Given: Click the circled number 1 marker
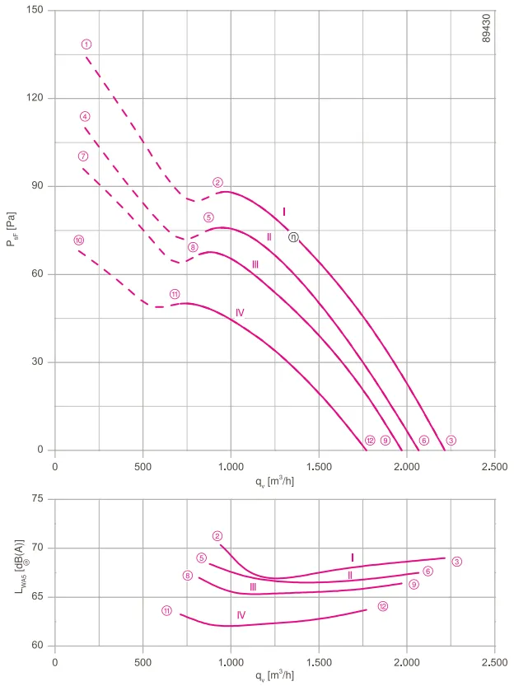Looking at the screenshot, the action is point(86,44).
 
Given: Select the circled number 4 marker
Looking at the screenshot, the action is point(85,116).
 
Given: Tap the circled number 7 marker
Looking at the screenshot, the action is point(83,156).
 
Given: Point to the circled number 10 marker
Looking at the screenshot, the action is point(79,240).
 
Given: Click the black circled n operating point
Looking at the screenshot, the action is point(293,237).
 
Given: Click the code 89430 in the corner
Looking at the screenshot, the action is point(487,28).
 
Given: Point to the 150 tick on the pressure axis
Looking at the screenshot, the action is point(35,10).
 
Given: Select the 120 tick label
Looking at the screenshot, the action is point(35,97).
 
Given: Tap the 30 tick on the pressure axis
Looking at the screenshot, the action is point(38,362).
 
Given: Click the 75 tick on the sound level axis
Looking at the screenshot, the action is point(38,499).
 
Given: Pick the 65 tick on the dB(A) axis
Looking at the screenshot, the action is point(38,597).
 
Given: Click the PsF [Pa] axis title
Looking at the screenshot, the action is point(12,229).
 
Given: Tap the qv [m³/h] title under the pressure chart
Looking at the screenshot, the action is point(275,482).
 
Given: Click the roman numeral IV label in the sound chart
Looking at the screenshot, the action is point(241,615).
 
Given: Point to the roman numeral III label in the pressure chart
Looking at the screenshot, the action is point(255,264).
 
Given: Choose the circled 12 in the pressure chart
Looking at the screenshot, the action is point(370,440).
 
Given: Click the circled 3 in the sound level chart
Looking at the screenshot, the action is point(456,562).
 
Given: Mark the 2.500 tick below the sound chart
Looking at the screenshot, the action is point(495,662).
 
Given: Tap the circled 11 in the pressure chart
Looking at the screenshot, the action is point(175,294).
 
